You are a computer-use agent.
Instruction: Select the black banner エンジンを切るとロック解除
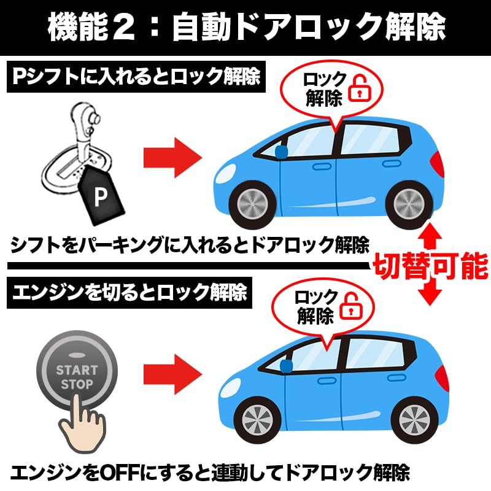click(130, 292)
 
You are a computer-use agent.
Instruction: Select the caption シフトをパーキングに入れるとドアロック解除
click(190, 245)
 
